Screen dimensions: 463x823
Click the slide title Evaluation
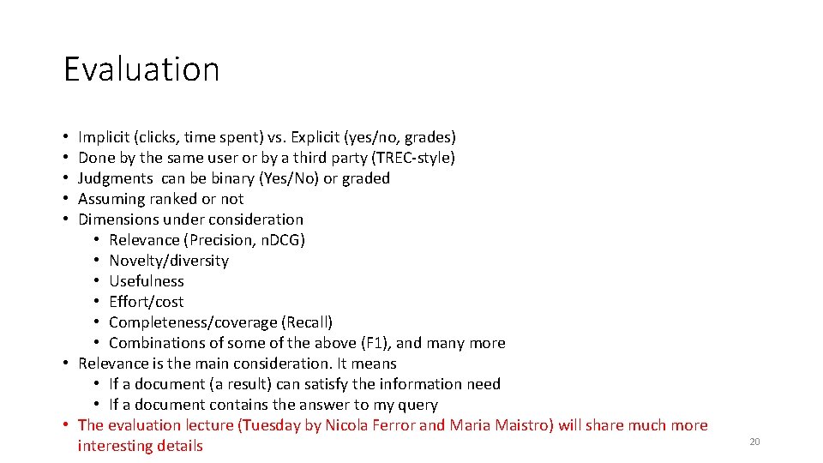141,69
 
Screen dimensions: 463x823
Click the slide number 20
754,442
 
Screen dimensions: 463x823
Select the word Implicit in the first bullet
102,137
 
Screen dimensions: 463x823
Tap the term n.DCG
277,240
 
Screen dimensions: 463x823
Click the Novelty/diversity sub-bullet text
169,261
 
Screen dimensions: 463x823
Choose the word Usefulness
147,281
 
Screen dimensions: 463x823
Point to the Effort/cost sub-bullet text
147,302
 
